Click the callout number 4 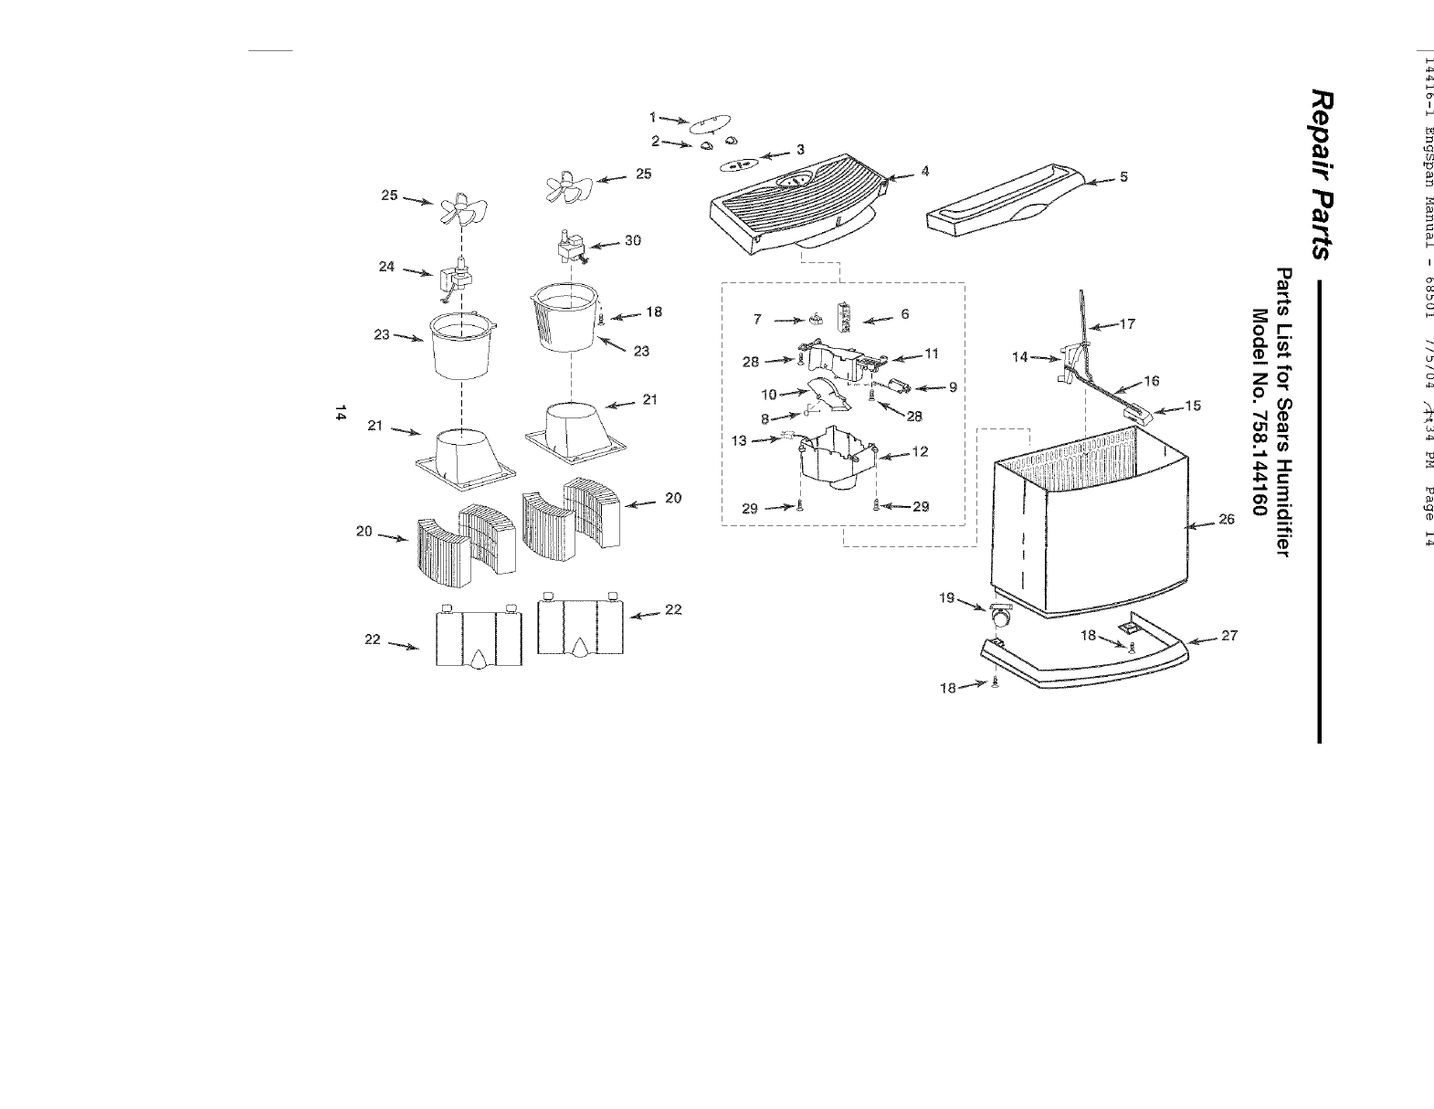point(925,171)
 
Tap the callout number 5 point(1124,177)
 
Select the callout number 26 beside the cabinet point(1227,520)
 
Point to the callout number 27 point(1229,636)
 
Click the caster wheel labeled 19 point(1000,618)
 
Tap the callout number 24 point(386,268)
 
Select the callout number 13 point(739,441)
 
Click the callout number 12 point(920,452)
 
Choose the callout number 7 point(758,320)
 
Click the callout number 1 point(653,117)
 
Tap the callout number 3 point(800,149)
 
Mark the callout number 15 point(1193,406)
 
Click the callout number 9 point(953,387)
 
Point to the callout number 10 point(768,395)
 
